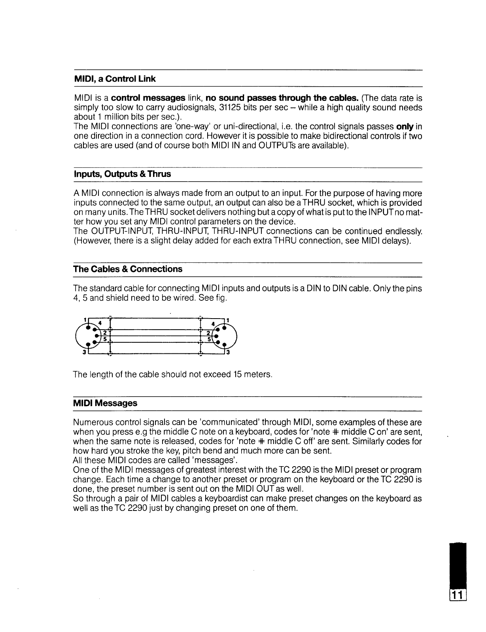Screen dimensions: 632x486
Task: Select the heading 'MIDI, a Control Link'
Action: [115, 79]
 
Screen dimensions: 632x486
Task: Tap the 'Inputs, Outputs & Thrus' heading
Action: [122, 174]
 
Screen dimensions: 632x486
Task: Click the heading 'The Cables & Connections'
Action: [128, 269]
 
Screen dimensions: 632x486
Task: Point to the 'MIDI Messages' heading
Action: [105, 403]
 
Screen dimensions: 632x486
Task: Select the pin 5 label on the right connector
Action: [208, 340]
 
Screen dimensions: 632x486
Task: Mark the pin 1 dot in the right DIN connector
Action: [224, 328]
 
